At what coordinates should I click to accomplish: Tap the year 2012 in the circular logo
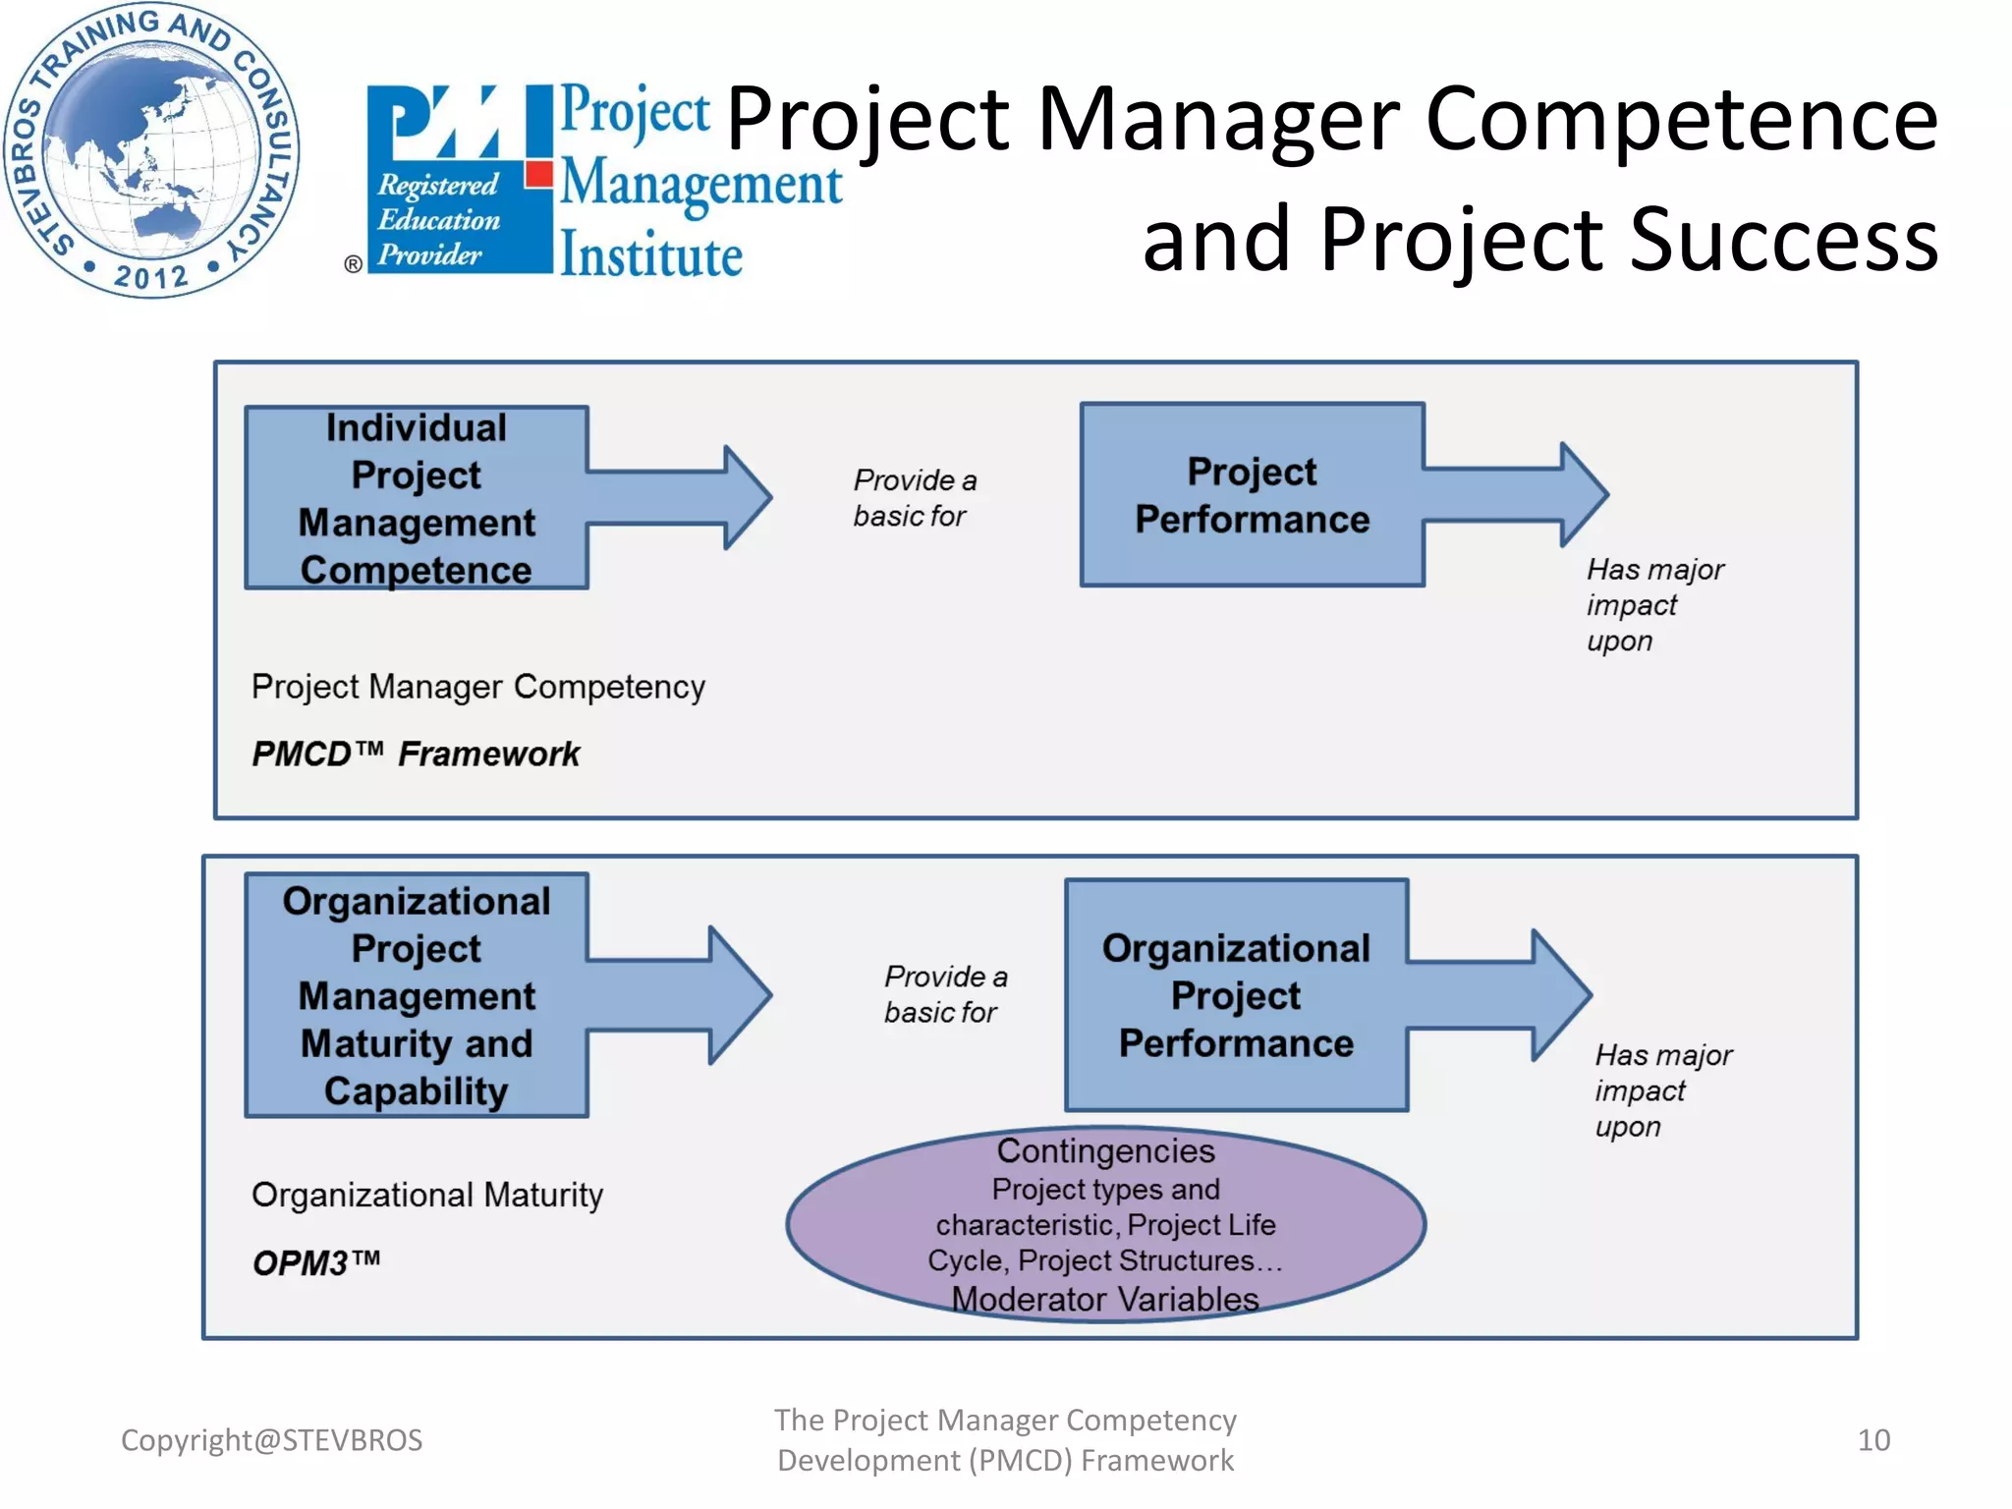click(150, 276)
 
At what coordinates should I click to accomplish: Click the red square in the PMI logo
click(538, 175)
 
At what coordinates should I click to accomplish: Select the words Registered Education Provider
click(438, 219)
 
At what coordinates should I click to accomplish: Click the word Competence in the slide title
click(1681, 119)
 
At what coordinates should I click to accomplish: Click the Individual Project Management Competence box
click(416, 498)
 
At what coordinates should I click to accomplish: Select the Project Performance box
click(1251, 495)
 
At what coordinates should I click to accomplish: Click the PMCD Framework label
click(415, 754)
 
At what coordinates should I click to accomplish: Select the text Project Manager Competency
click(477, 686)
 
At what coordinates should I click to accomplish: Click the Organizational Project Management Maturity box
click(416, 994)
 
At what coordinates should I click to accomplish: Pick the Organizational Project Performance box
click(1235, 994)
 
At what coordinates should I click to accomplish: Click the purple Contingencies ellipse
click(1104, 1224)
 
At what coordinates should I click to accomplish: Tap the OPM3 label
click(315, 1261)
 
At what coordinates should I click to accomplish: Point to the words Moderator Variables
click(1104, 1299)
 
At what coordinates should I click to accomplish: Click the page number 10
click(1872, 1439)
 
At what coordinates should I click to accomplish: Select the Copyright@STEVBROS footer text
click(271, 1439)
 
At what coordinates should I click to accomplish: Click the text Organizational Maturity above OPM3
click(426, 1195)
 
